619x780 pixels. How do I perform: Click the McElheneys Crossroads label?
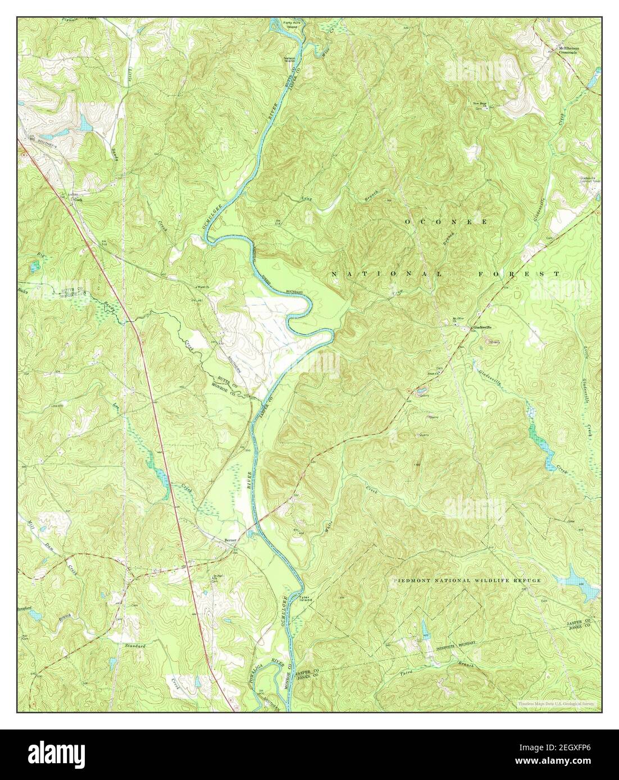click(x=568, y=49)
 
